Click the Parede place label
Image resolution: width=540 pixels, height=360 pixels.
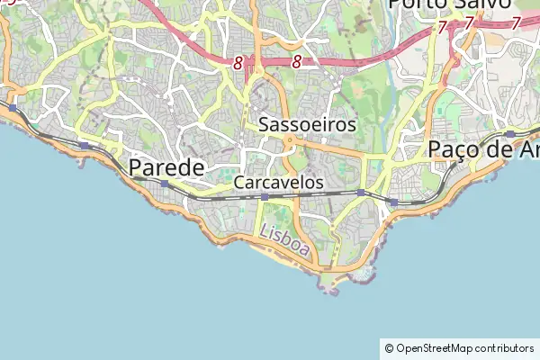tap(166, 167)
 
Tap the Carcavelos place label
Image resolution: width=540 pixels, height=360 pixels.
tap(278, 182)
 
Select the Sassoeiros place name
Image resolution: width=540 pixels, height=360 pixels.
tap(307, 125)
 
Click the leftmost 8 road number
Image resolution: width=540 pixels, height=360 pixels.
tap(238, 63)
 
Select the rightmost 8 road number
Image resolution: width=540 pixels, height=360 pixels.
tap(296, 63)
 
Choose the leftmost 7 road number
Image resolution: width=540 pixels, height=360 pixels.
tap(442, 27)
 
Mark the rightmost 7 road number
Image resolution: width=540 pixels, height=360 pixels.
tap(516, 23)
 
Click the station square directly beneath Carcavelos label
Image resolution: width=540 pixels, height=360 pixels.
tap(264, 196)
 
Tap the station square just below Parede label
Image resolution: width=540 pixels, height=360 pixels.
tap(164, 184)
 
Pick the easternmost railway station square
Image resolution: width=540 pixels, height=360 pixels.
tap(510, 134)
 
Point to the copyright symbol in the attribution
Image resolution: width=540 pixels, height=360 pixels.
tap(389, 347)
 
